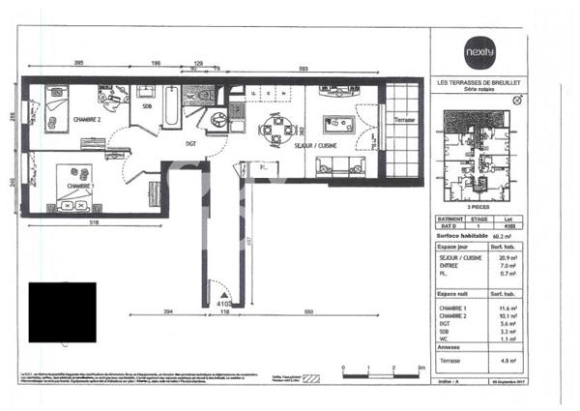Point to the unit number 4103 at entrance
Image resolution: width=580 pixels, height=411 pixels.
215,303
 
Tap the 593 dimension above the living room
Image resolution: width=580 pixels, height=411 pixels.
304,70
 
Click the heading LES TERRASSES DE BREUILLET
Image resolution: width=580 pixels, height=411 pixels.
479,83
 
